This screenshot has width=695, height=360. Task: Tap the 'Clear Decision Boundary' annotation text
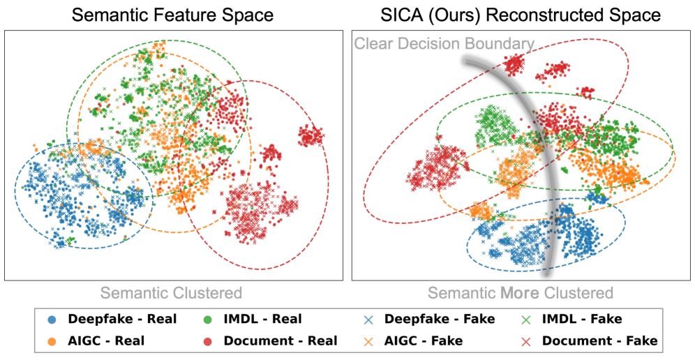click(444, 44)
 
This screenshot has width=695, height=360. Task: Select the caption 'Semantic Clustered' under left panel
click(170, 293)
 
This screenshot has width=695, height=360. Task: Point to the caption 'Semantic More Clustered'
click(520, 293)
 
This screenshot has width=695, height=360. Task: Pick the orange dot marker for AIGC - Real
click(53, 340)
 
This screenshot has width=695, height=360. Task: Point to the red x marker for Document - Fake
click(527, 340)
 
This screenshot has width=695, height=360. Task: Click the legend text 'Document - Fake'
click(599, 340)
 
